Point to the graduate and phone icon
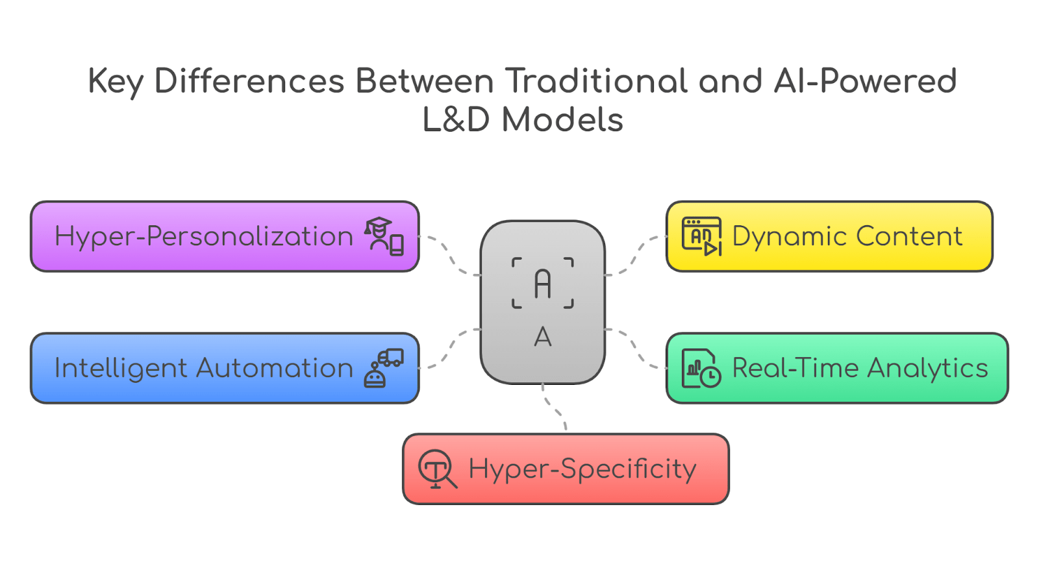pos(384,236)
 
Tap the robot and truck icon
pos(384,368)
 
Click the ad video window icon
pos(701,236)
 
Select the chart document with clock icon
pos(701,368)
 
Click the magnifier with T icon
pos(437,469)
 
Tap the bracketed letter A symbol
pos(543,284)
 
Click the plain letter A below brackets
pos(543,337)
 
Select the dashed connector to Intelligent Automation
pos(449,349)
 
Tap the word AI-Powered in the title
pos(865,82)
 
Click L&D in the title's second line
pos(456,120)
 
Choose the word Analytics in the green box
pos(927,368)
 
